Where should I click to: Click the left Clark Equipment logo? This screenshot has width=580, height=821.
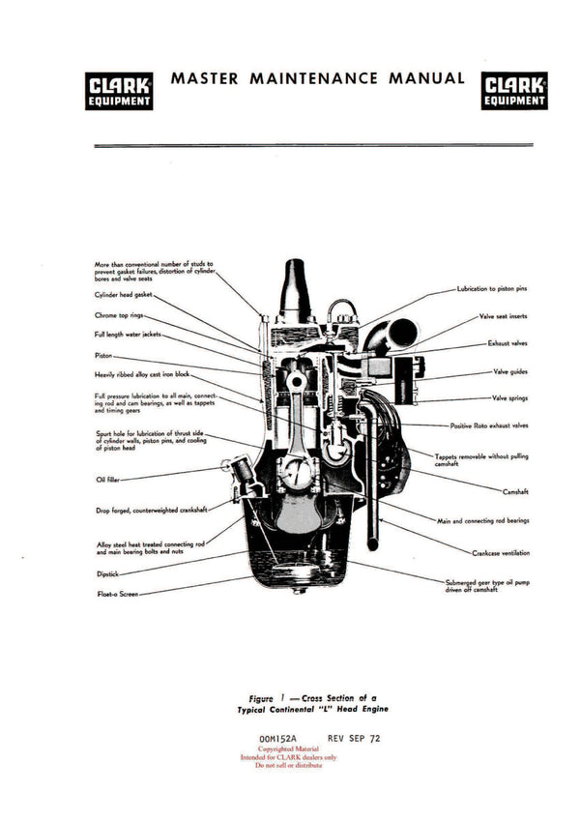coord(118,89)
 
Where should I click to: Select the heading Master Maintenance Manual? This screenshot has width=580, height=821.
coord(317,78)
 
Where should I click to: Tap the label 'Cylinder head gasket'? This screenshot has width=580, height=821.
coord(123,295)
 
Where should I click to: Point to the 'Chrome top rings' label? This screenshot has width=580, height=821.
coord(119,315)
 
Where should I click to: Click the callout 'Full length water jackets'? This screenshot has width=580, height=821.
coord(127,335)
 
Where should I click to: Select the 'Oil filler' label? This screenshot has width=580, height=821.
coord(106,478)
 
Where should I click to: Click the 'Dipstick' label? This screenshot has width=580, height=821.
coord(106,573)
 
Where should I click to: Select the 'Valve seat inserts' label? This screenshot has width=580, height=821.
coord(503,316)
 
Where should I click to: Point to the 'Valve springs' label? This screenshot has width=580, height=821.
coord(509,397)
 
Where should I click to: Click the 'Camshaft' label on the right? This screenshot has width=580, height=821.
coord(515,491)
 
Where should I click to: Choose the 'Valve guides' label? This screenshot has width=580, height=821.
coord(509,371)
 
